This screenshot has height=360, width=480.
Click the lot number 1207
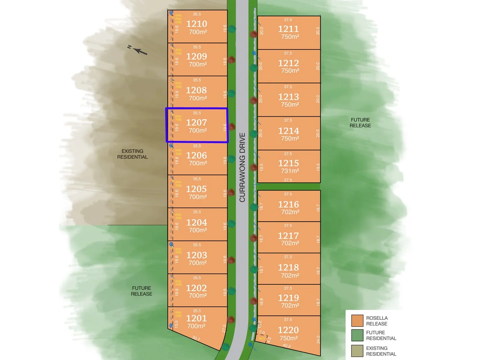196,123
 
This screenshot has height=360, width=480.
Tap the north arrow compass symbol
138,50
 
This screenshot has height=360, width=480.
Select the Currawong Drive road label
242,167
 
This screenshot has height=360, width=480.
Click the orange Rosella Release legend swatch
357,321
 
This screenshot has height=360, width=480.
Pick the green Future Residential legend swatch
357,335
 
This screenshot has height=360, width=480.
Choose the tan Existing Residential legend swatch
357,351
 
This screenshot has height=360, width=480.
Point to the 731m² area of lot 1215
290,171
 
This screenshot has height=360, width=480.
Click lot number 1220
288,330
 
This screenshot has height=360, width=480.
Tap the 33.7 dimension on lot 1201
196,338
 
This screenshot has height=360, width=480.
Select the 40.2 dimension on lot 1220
287,346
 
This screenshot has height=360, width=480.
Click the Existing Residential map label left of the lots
132,154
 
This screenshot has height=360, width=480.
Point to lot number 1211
288,29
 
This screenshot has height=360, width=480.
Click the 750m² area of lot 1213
290,105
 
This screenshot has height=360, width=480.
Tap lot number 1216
288,204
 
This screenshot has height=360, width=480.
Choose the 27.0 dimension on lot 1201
224,328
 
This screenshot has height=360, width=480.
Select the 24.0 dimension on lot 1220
318,339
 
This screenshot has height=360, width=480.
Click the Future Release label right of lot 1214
360,123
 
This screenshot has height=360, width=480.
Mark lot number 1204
196,222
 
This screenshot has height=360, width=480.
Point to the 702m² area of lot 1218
290,276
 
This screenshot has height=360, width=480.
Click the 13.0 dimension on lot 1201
177,324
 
